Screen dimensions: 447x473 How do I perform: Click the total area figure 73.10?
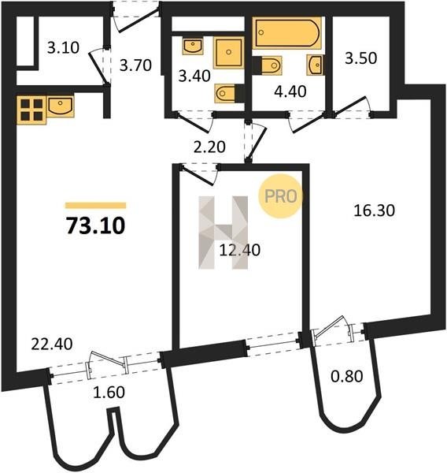point(95,226)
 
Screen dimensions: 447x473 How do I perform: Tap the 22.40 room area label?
point(52,345)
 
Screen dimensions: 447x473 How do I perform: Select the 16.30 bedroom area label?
point(374,210)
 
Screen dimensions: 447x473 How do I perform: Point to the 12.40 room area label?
point(240,250)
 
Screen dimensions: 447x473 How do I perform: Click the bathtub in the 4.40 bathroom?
point(286,32)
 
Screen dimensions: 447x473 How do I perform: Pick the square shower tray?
point(229,53)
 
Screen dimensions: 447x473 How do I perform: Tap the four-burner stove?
point(31,110)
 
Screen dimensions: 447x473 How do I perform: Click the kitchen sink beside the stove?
point(61,106)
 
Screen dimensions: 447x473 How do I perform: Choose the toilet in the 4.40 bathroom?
point(267,65)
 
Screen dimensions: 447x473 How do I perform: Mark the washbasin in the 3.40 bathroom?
point(193,46)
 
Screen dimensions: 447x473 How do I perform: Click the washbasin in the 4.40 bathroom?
point(316,65)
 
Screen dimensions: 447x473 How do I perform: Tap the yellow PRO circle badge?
point(280,196)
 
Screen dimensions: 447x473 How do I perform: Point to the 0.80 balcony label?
point(347,376)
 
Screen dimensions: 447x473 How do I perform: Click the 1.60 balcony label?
point(109,393)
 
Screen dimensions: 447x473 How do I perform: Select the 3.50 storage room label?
point(361,58)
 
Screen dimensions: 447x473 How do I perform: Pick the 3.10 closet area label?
point(63,47)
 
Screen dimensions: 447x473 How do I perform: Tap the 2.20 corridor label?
point(209,147)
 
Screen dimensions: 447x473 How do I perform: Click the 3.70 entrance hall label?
point(135,65)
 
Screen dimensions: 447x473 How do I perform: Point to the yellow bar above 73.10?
point(95,206)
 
